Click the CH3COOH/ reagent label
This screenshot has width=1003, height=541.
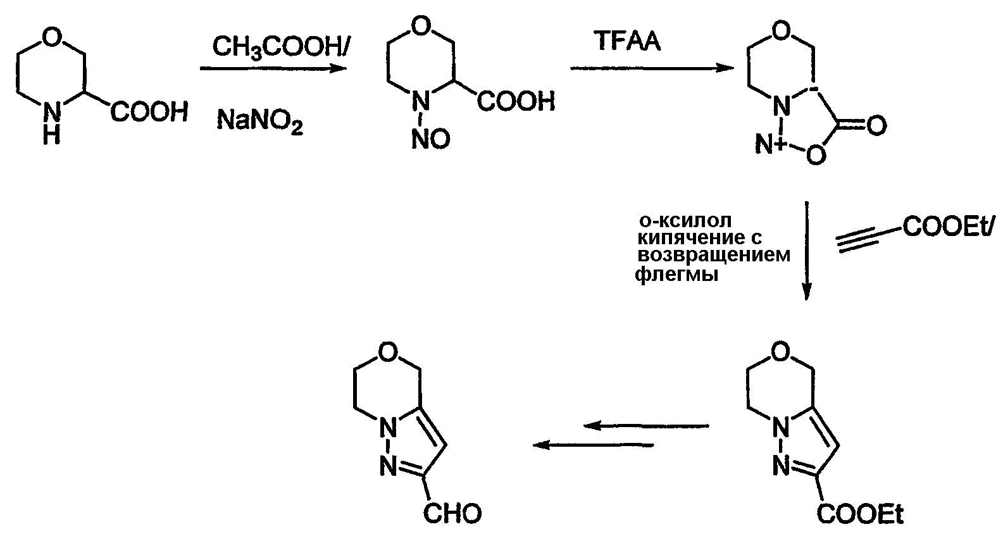click(x=280, y=47)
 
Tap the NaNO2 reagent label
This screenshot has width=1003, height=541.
click(x=259, y=122)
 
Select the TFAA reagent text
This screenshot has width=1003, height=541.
click(x=627, y=41)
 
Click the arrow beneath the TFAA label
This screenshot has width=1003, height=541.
click(x=652, y=68)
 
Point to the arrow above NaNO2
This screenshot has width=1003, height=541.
click(x=273, y=68)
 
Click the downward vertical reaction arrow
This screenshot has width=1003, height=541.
click(x=806, y=251)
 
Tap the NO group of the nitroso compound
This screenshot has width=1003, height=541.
click(x=431, y=139)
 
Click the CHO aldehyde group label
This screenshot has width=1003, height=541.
click(x=452, y=514)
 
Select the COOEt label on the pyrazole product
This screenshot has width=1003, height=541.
click(x=860, y=514)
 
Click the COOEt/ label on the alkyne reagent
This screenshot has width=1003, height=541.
click(x=949, y=226)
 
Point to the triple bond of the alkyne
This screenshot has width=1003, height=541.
click(x=858, y=240)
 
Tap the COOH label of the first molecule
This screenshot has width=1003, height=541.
click(x=149, y=112)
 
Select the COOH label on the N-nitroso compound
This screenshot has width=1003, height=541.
click(x=516, y=101)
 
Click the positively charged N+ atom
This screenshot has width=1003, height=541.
click(x=769, y=145)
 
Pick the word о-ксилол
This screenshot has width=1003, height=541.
click(x=685, y=221)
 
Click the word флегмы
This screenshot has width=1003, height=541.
click(x=676, y=274)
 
